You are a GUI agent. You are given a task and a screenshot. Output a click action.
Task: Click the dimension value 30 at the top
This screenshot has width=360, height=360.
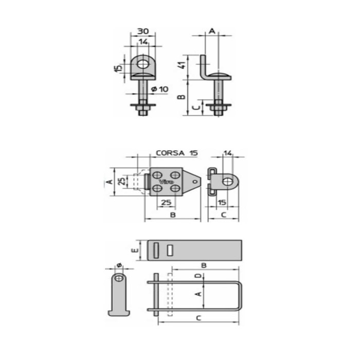[x=143, y=31]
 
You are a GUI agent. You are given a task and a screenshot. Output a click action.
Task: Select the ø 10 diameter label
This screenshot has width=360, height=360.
[x=160, y=89]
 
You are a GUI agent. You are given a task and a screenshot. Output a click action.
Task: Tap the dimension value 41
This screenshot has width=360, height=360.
[x=182, y=65]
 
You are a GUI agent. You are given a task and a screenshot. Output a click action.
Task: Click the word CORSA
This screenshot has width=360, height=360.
[x=170, y=153]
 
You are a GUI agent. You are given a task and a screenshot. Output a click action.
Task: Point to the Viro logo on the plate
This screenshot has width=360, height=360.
[x=166, y=182]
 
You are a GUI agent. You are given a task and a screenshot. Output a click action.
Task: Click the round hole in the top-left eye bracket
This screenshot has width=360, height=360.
[x=143, y=64]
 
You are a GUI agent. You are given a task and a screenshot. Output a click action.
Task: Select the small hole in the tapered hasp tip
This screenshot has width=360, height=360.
[x=195, y=182]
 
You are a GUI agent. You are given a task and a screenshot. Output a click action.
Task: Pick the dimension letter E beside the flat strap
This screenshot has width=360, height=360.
[x=135, y=250]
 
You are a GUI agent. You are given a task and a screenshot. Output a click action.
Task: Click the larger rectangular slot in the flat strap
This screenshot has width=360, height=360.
[x=156, y=250]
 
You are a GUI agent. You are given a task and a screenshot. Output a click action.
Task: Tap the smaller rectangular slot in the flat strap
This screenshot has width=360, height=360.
[x=170, y=250]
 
